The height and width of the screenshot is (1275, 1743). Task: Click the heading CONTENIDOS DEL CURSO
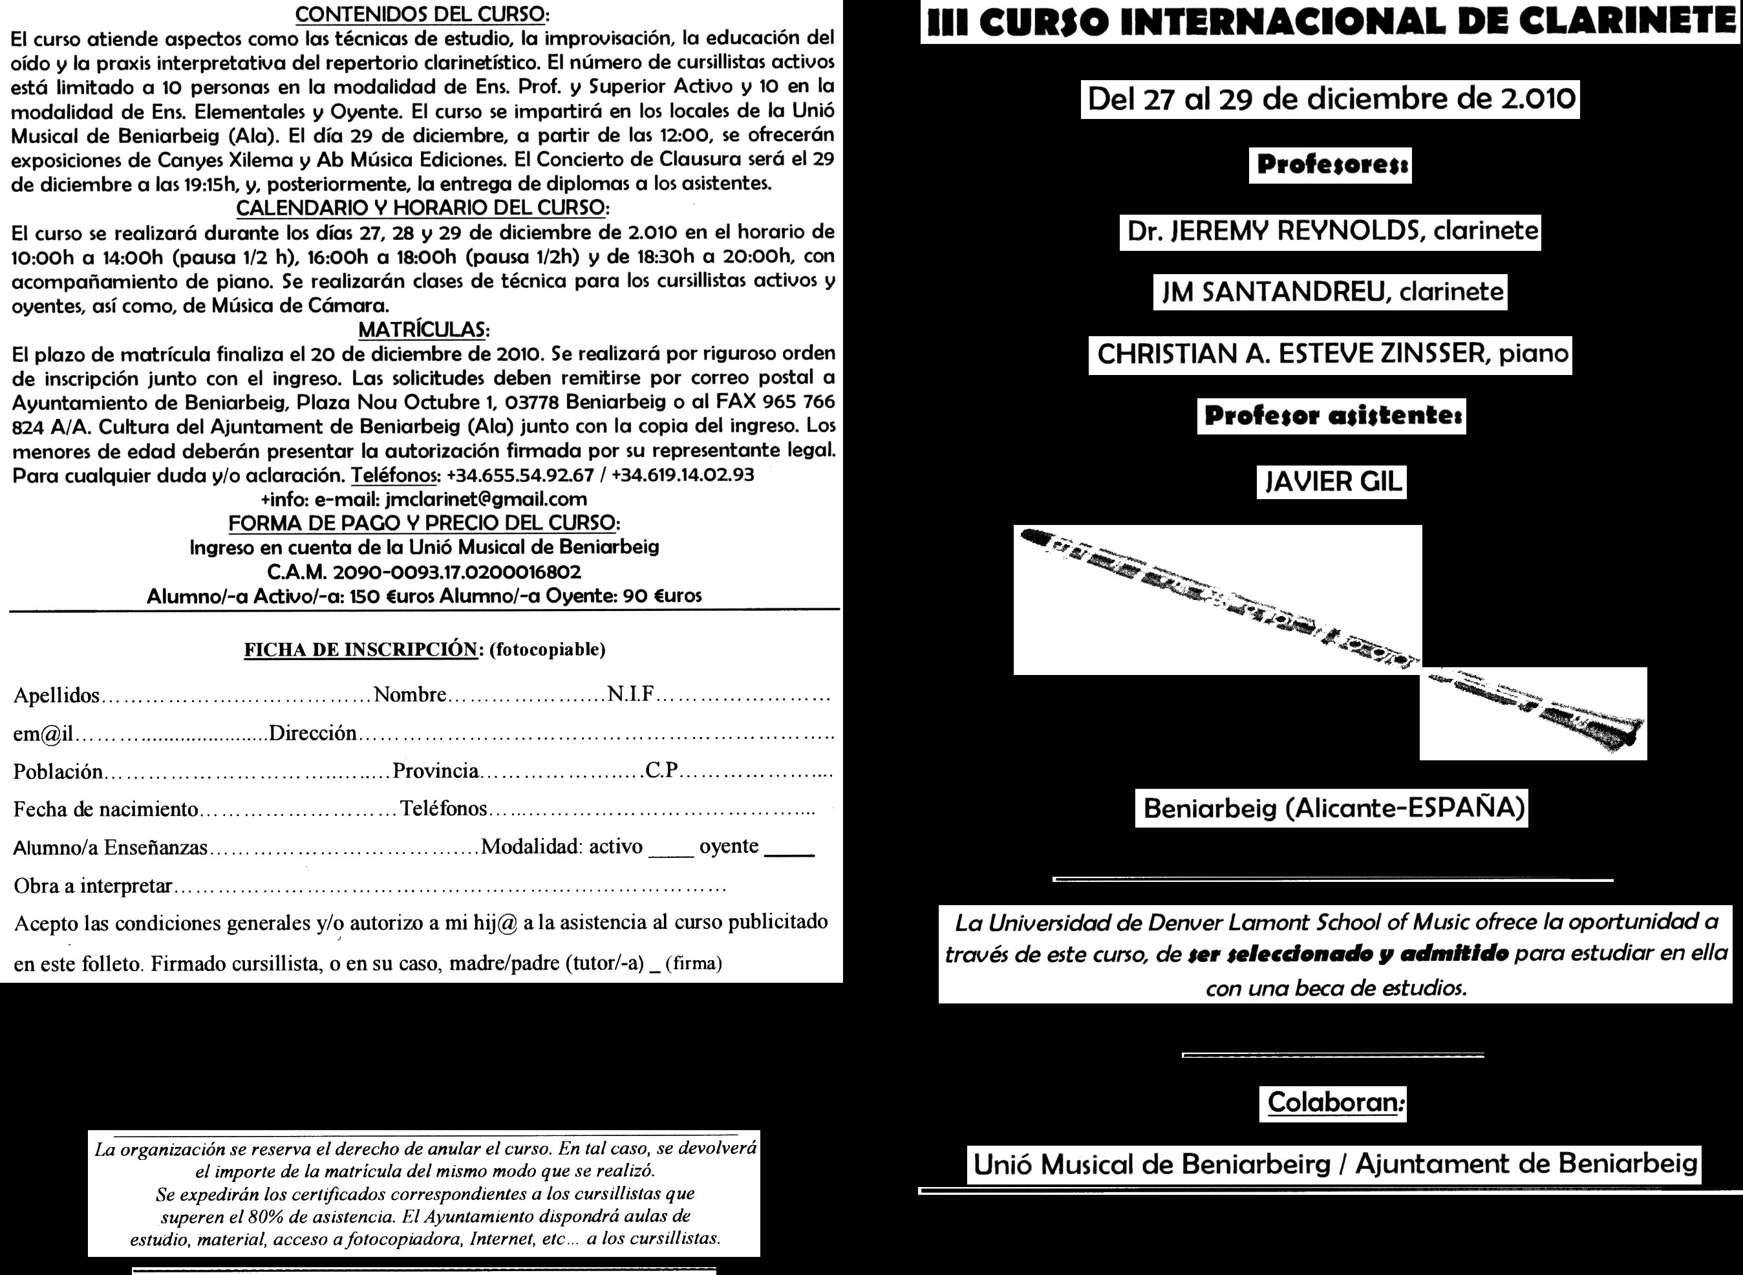pos(423,14)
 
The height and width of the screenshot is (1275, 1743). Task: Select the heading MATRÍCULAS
pos(423,330)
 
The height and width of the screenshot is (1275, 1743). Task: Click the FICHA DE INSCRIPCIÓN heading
pos(360,650)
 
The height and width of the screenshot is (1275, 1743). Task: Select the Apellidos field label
pos(56,696)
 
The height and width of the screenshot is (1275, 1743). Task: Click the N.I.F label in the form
pos(630,694)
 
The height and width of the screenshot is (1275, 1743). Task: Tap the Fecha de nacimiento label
pos(106,809)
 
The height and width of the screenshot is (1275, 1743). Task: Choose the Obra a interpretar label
pos(92,885)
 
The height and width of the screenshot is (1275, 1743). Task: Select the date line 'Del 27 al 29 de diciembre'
pos(1331,99)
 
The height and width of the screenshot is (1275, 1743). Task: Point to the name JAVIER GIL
pos(1331,482)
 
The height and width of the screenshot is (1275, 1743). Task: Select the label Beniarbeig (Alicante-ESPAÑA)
pos(1331,808)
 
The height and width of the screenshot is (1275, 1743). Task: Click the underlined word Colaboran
pos(1332,1101)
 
